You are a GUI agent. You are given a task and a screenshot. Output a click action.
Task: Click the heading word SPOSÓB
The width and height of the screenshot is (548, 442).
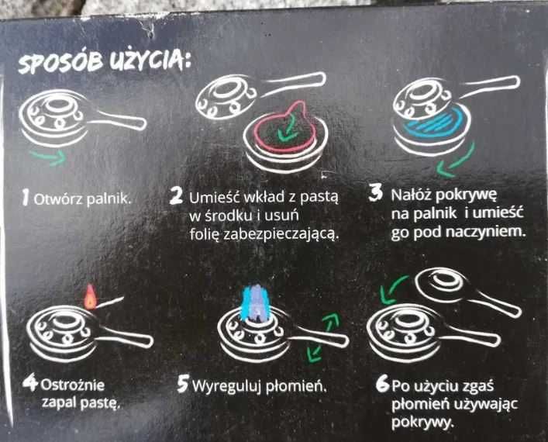pyautogui.click(x=60, y=63)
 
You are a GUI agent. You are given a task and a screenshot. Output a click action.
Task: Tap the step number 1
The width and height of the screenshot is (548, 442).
pyautogui.click(x=25, y=198)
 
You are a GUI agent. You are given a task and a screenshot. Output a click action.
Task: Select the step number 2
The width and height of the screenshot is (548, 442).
pyautogui.click(x=176, y=196)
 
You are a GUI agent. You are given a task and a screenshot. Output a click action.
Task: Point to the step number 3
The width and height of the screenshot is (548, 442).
pyautogui.click(x=376, y=193)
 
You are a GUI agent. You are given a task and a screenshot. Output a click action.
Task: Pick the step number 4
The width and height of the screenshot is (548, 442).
pyautogui.click(x=30, y=382)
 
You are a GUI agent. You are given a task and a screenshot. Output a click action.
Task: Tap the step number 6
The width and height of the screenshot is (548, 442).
pyautogui.click(x=383, y=384)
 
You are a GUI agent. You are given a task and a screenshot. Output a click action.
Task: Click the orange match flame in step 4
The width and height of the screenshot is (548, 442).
pyautogui.click(x=90, y=297)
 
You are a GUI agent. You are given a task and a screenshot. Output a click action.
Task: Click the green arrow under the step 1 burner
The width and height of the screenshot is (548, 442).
pyautogui.click(x=49, y=157)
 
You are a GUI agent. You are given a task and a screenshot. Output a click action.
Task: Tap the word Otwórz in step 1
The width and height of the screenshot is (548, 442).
pyautogui.click(x=58, y=199)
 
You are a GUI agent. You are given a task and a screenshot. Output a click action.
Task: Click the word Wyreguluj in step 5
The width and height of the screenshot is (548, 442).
pyautogui.click(x=227, y=386)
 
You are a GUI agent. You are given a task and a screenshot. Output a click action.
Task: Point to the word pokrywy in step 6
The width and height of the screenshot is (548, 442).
pyautogui.click(x=422, y=423)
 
